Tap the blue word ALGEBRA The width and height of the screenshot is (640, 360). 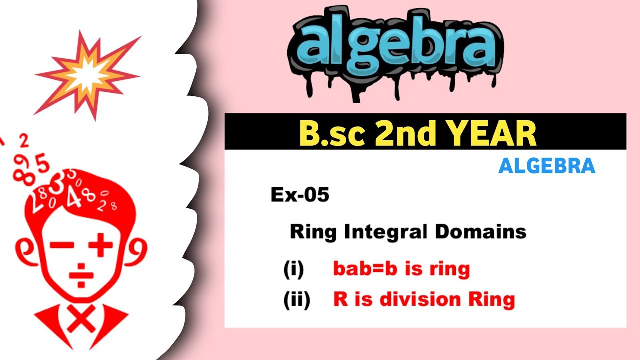coord(547,166)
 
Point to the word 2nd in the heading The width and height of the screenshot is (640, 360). coord(399,133)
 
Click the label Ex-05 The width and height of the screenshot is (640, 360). coord(300,195)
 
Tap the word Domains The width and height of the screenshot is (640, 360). coord(480,232)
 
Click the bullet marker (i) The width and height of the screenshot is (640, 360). coord(293,270)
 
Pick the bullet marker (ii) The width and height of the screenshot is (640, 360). coord(296,300)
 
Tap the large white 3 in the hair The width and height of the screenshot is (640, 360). coord(56,186)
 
